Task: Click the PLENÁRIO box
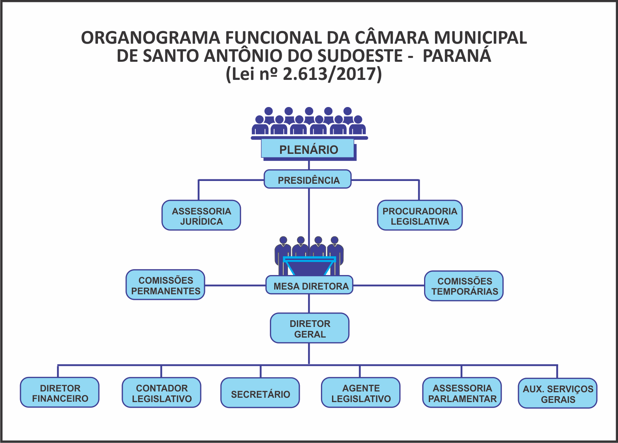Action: pos(308,150)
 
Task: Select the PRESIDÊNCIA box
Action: pos(308,180)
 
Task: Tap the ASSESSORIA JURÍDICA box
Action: pos(201,216)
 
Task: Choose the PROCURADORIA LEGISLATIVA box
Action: pos(420,216)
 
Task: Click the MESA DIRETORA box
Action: pos(310,286)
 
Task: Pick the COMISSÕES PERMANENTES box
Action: pos(165,285)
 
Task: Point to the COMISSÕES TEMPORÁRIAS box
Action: pos(464,286)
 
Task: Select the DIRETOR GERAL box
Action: pos(310,329)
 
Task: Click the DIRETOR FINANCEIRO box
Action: pos(60,393)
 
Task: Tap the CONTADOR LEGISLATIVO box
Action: pos(162,393)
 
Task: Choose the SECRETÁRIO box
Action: pos(260,393)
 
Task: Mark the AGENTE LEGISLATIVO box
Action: pos(361,393)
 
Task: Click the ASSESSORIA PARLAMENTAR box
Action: pos(462,393)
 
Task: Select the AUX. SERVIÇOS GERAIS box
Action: pos(557,393)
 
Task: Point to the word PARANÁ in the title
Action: pos(457,56)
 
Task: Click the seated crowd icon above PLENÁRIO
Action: pos(309,122)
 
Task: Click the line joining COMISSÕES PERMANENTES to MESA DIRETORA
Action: pos(235,285)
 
